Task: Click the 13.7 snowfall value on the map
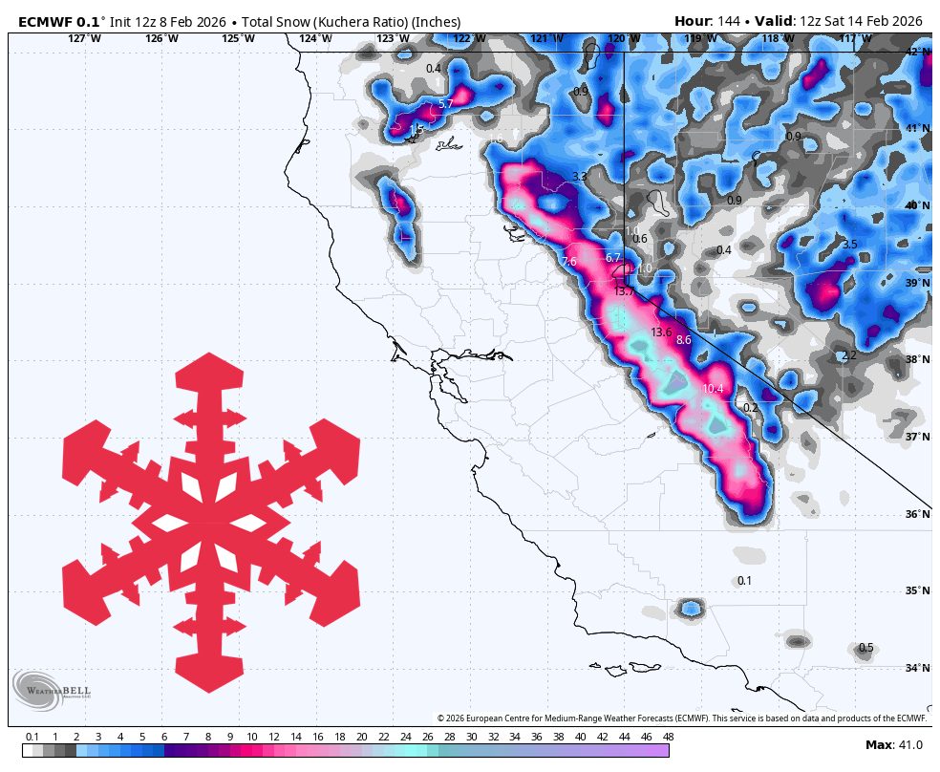[625, 291]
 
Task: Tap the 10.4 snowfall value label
[713, 389]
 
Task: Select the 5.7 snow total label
[445, 103]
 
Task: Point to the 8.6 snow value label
[683, 340]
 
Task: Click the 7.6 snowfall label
[569, 262]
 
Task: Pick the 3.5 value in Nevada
[849, 245]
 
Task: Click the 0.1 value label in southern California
[744, 581]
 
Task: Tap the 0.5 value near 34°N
[865, 648]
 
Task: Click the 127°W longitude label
[84, 38]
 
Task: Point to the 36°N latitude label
[917, 514]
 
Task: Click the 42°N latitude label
[917, 52]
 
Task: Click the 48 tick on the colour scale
[668, 737]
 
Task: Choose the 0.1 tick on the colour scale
[32, 737]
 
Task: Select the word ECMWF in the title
[46, 21]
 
